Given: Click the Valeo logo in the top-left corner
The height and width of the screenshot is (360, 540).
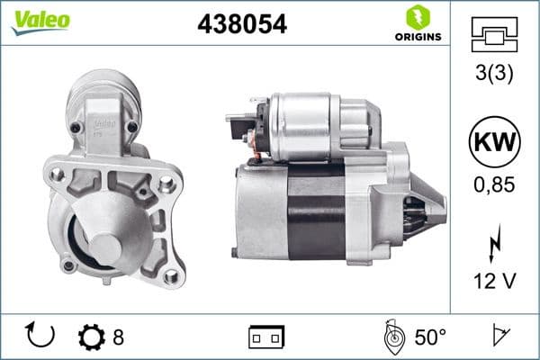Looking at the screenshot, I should click(40, 20).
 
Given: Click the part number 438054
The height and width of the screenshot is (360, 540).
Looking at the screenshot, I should click(241, 25).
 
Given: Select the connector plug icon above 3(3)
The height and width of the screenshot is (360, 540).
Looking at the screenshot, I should click(494, 37).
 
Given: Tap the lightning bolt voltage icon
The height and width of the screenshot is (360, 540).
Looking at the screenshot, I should click(494, 244).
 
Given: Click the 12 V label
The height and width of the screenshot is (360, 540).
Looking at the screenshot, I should click(494, 283).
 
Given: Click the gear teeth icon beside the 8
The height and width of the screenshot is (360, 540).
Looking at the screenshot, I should click(91, 337).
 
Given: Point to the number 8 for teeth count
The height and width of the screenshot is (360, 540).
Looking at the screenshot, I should click(118, 337).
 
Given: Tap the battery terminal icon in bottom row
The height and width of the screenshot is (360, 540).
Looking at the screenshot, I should click(265, 337).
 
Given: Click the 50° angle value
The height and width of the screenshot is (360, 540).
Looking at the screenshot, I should click(429, 337).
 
